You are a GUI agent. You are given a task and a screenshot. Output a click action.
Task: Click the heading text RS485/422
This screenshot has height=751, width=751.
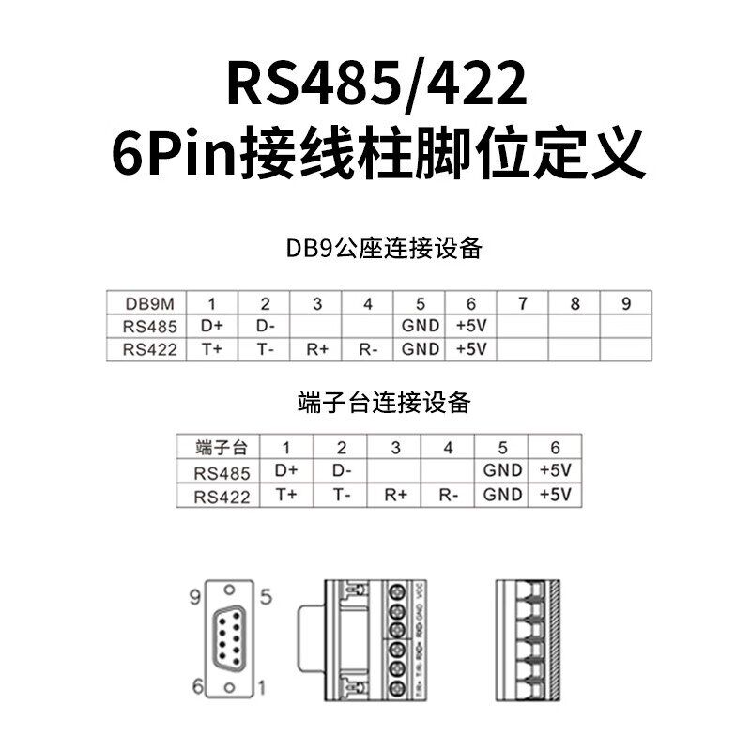(375, 85)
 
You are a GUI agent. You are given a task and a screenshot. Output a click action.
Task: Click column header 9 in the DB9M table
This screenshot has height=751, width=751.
(627, 303)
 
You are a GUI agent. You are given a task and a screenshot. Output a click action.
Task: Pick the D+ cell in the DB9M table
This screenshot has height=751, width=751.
(211, 327)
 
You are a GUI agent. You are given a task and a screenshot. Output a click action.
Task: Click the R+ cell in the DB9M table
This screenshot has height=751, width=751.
(316, 349)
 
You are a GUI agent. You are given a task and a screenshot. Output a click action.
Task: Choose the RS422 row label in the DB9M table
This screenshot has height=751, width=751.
(147, 349)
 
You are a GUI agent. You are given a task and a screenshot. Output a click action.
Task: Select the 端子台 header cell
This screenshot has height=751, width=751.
(220, 448)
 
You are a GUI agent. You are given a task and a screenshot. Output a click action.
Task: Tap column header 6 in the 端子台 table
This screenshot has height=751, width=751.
(556, 448)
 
